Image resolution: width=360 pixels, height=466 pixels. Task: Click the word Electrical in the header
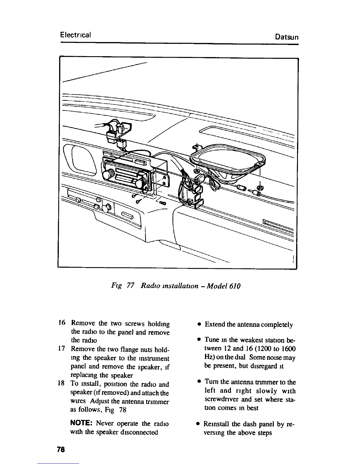pos(75,35)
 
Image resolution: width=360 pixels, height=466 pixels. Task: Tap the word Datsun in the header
pos(287,37)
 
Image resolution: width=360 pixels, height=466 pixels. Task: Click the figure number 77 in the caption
pos(130,286)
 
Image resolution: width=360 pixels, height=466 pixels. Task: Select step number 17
pos(62,349)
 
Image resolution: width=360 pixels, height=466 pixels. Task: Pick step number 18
pos(62,384)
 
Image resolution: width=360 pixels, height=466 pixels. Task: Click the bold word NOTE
pos(82,424)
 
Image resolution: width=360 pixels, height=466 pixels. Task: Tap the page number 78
pos(61,450)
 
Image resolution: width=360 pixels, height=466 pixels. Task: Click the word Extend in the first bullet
pos(215,324)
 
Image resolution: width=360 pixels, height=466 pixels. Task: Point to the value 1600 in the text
pos(288,349)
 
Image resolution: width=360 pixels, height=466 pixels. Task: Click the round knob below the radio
pos(106,208)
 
